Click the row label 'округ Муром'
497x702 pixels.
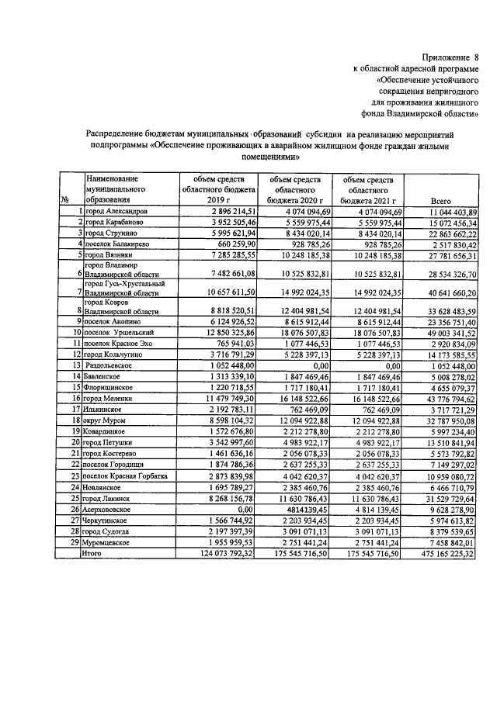point(108,420)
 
